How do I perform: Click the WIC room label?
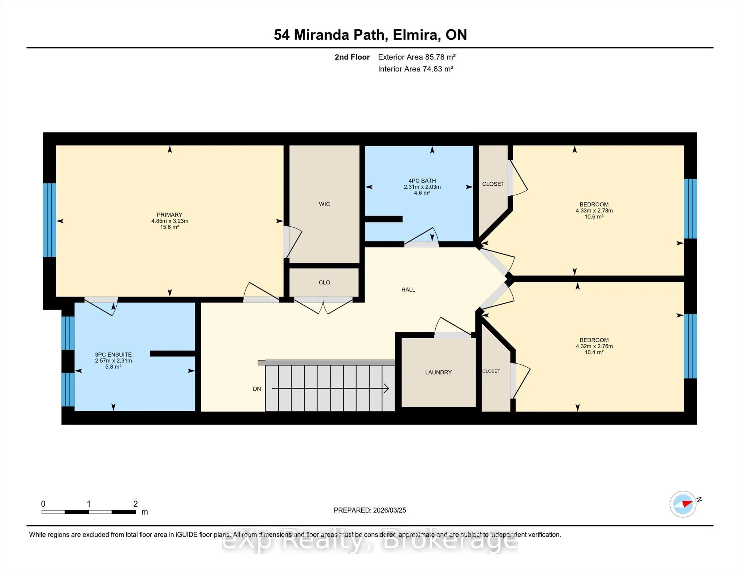coord(324,204)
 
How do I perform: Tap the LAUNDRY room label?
coord(438,372)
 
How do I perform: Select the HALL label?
coord(408,289)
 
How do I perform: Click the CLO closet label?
coord(324,282)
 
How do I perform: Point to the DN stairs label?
coord(257,389)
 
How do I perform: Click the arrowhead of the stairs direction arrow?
coord(386,388)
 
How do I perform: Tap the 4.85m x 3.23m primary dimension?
coord(170,221)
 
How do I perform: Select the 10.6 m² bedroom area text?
coord(594,217)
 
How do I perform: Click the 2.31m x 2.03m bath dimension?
coord(422,187)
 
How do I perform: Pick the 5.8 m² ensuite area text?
coord(113,367)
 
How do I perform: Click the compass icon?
coord(683,504)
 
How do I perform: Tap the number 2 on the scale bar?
coord(135,504)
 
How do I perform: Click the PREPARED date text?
coord(370,510)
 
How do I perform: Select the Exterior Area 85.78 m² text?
coord(417,57)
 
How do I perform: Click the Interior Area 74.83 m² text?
coord(416,69)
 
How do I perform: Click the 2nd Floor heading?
coord(352,57)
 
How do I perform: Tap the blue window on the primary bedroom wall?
coord(50,220)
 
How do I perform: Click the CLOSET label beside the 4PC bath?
coord(493,184)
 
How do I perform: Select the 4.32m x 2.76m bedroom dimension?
coord(594,346)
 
